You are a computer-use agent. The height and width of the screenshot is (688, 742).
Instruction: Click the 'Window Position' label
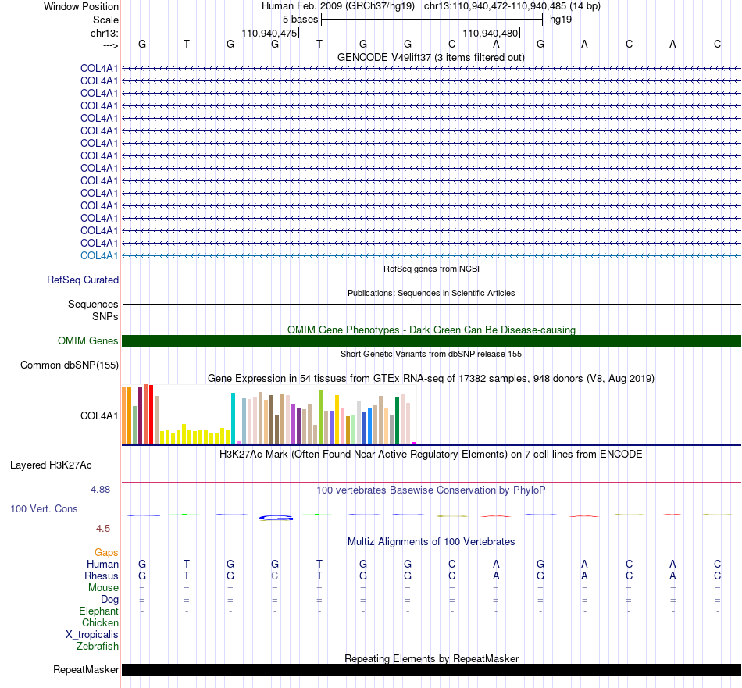[x=81, y=6]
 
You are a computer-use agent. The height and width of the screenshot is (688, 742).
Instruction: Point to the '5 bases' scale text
[x=301, y=20]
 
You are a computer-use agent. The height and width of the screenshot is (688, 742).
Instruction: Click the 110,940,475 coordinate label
[x=269, y=33]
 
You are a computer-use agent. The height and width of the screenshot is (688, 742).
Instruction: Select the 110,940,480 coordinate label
[x=491, y=33]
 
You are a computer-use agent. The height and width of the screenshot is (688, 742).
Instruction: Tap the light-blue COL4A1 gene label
[x=99, y=256]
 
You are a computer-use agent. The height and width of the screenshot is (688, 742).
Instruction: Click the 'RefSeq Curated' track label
[x=83, y=280]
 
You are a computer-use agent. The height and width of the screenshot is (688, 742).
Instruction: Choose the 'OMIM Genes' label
[x=88, y=340]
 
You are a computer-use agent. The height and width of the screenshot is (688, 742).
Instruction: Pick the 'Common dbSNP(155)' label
[x=70, y=365]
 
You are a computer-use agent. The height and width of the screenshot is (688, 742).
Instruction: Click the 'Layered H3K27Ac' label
[x=51, y=465]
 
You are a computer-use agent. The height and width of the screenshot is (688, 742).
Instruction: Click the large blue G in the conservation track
[x=276, y=518]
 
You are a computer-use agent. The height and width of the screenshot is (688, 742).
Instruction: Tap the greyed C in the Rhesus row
[x=275, y=576]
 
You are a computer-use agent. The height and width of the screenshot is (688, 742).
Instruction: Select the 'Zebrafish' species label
[x=98, y=647]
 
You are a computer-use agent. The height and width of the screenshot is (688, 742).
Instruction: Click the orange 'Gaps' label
[x=106, y=553]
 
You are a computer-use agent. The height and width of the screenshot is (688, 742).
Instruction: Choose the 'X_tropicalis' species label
[x=92, y=635]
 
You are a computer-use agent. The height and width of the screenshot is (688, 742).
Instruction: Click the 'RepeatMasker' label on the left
[x=86, y=670]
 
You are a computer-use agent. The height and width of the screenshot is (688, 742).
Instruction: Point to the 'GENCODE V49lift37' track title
[x=384, y=58]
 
